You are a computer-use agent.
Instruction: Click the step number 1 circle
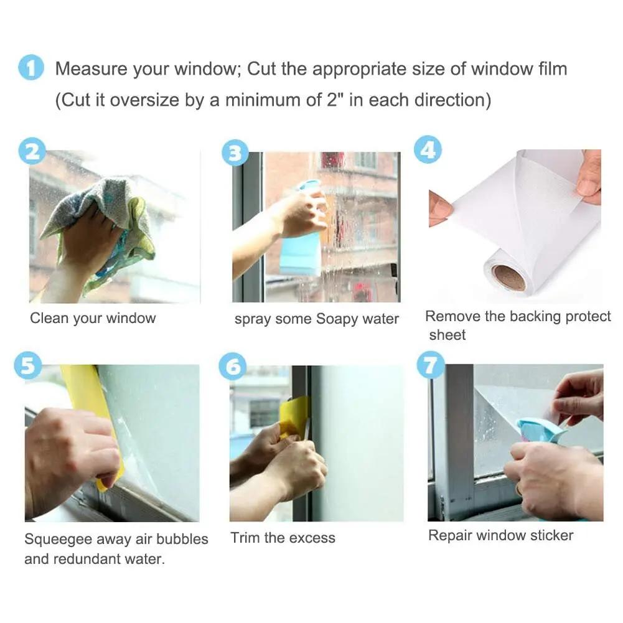(30, 68)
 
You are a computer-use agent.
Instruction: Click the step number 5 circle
(28, 365)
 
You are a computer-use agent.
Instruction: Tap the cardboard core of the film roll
(508, 278)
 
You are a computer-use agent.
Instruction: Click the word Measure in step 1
(91, 68)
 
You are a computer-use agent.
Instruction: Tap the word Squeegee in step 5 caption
(55, 539)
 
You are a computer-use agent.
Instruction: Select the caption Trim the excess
(283, 538)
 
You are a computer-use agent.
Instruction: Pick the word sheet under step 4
(447, 335)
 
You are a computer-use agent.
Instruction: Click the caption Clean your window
(93, 319)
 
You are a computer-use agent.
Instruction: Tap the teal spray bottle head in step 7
(538, 429)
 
